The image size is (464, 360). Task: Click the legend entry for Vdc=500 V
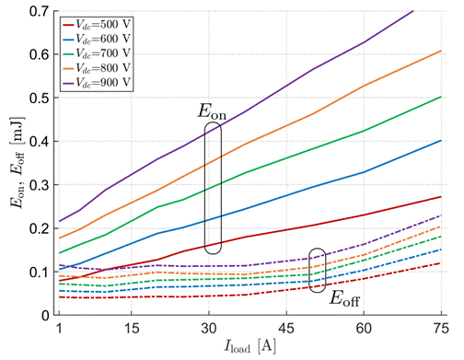pos(97,24)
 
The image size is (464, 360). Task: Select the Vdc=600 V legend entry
pos(97,39)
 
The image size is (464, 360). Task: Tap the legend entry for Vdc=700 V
pos(97,53)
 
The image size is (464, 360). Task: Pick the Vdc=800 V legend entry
pos(97,68)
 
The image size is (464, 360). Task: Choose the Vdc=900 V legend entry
pos(97,83)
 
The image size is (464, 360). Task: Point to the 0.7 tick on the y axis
pos(40,11)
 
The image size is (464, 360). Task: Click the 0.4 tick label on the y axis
pos(40,142)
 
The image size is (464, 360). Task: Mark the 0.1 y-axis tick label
pos(40,272)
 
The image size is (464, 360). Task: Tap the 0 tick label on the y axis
pos(45,315)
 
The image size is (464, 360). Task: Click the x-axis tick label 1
pos(59,329)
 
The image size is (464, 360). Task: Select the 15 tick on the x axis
pos(132,329)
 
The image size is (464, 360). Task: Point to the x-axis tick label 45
pos(286,329)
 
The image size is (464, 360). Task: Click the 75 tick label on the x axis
pos(441,329)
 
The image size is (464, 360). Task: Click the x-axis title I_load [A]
pos(250,346)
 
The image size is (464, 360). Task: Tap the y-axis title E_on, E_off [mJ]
pos(17,162)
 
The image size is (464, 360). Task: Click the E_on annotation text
pos(212,111)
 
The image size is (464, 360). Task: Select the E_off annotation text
pos(344,298)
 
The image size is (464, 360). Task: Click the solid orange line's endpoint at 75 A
pos(441,51)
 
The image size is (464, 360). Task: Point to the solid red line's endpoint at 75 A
pos(441,197)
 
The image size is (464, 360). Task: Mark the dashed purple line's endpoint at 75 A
pos(441,215)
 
